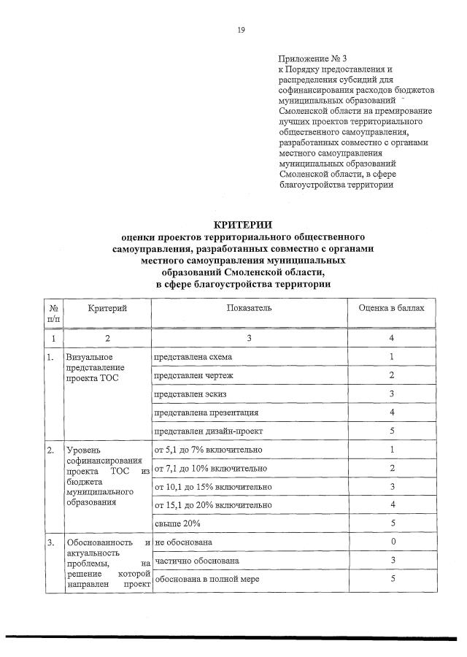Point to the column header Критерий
tap(107, 309)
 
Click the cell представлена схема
tap(193, 357)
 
